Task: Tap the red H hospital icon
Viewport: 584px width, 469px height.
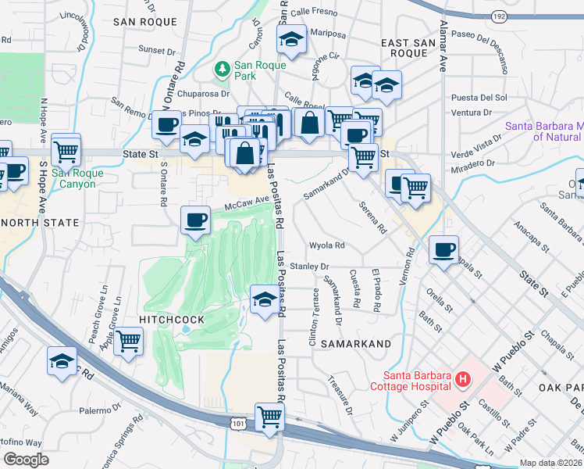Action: click(463, 381)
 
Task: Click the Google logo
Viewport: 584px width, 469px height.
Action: click(26, 460)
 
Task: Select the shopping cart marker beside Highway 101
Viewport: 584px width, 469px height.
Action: click(269, 417)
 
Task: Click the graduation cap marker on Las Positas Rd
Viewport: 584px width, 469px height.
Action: click(265, 300)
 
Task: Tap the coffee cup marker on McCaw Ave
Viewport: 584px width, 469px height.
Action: click(195, 219)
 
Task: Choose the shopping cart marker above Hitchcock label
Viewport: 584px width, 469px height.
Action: click(128, 341)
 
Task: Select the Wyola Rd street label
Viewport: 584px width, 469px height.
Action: click(327, 245)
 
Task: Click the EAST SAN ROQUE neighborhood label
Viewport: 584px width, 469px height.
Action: click(404, 45)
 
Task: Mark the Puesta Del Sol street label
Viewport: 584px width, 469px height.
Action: click(479, 98)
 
